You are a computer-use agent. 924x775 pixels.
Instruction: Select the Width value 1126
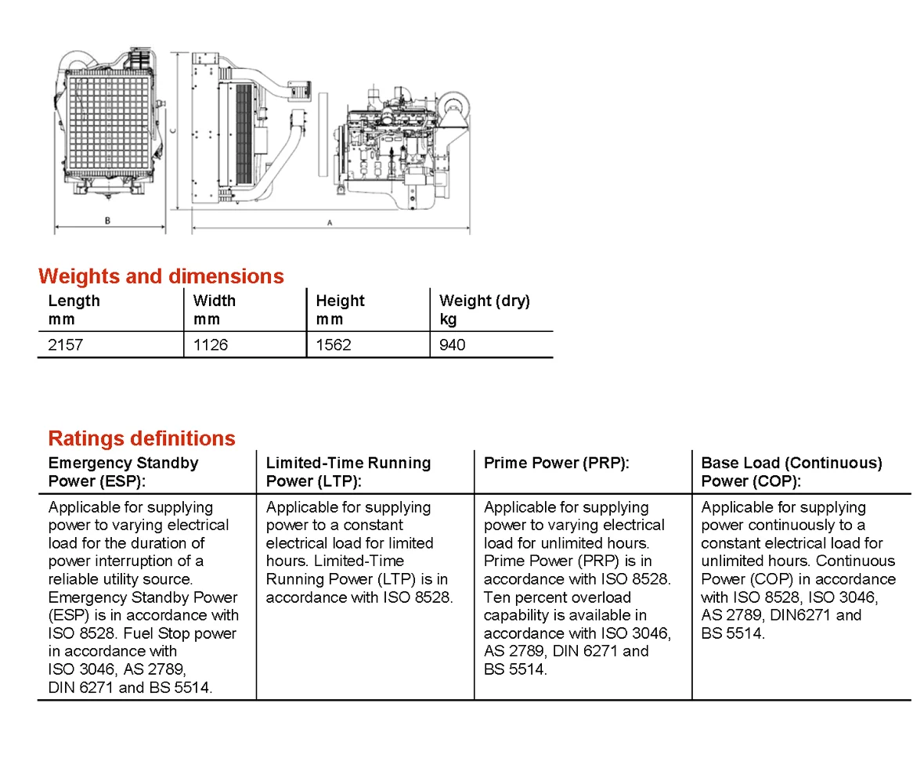(211, 344)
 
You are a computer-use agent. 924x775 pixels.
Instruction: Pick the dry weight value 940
(452, 344)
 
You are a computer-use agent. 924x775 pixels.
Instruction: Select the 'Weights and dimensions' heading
(161, 276)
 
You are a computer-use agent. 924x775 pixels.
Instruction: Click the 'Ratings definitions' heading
(141, 438)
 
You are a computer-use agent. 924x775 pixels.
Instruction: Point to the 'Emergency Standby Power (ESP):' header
(123, 471)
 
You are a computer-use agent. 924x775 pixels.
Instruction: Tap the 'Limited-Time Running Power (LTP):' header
(348, 471)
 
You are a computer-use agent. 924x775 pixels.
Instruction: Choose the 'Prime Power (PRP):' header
(556, 463)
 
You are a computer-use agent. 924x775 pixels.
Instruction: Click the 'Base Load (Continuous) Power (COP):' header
(791, 471)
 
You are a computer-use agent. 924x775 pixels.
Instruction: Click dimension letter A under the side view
(330, 223)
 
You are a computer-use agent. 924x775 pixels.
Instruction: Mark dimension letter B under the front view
(107, 221)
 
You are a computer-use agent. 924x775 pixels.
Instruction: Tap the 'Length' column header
(74, 301)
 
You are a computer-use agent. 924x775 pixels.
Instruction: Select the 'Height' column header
(340, 301)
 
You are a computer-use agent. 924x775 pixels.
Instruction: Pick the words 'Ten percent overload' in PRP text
(557, 597)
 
